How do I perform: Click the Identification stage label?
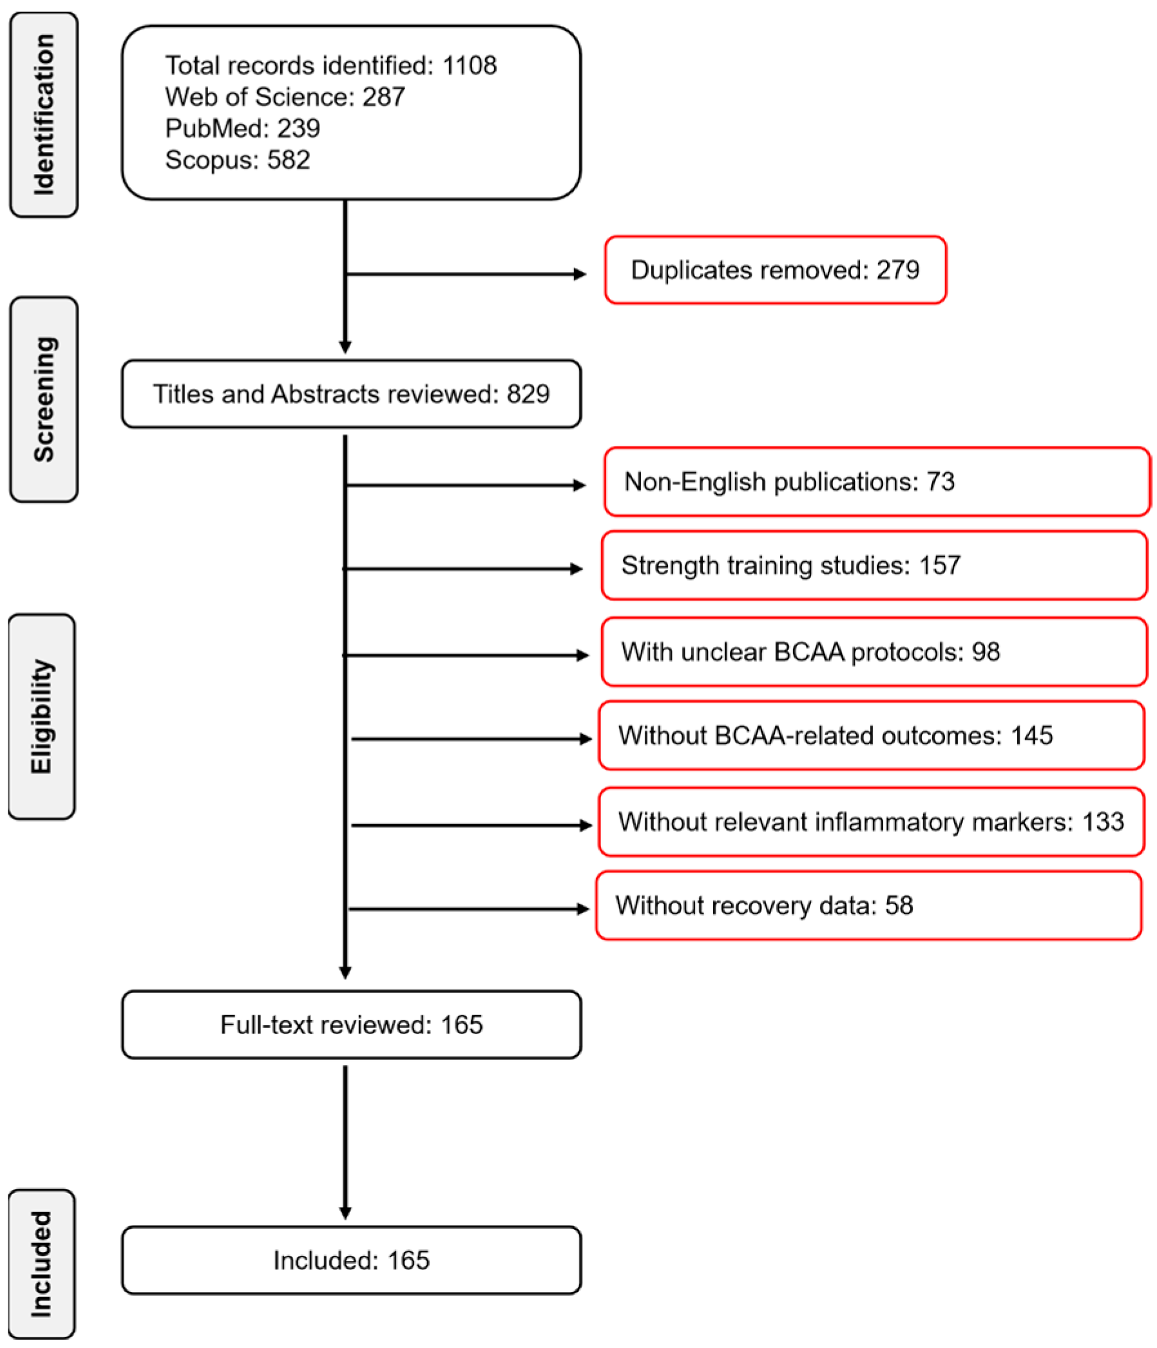pos(44,115)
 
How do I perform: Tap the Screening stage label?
pos(44,400)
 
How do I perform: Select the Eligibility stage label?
pos(42,716)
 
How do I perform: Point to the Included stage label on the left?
pos(42,1264)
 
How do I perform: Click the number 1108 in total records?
pos(469,66)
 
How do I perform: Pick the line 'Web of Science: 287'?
pos(285,97)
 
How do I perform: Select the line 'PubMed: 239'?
pos(243,128)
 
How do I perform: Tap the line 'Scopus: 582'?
pos(237,160)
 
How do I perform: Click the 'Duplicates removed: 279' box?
pos(774,270)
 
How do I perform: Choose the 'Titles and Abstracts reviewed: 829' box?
pos(351,394)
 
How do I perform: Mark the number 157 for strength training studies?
pos(939,565)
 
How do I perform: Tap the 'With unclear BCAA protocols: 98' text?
pos(810,652)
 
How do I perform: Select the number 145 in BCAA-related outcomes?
pos(1031,736)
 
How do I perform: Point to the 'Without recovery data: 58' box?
pos(868,905)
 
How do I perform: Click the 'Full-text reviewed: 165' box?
pos(351,1025)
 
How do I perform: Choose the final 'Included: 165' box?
pos(351,1261)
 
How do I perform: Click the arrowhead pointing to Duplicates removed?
pos(580,274)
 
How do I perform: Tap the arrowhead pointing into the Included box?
pos(345,1214)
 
